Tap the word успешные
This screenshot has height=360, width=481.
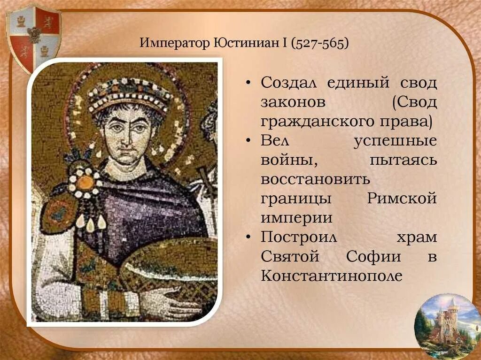(x=395, y=141)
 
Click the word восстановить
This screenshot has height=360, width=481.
(x=316, y=179)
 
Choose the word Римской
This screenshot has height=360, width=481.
(x=402, y=199)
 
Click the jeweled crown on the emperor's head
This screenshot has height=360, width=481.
(x=130, y=92)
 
